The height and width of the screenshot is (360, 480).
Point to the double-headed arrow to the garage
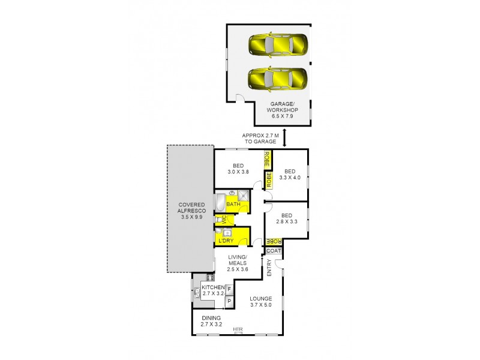(284, 137)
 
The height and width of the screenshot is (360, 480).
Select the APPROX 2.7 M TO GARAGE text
(259, 138)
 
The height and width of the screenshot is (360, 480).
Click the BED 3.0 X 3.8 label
(238, 168)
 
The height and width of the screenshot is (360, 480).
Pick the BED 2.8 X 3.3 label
(286, 219)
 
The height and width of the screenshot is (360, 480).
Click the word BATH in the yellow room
(233, 205)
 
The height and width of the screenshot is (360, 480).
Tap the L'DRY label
(226, 241)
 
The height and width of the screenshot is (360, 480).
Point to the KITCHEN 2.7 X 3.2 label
(212, 291)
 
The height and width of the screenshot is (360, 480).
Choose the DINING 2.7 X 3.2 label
(211, 321)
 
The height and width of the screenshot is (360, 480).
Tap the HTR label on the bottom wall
(239, 330)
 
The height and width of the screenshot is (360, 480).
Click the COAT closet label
(274, 251)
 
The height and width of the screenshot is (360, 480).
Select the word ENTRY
(268, 268)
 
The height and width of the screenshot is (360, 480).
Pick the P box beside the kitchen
(229, 300)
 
